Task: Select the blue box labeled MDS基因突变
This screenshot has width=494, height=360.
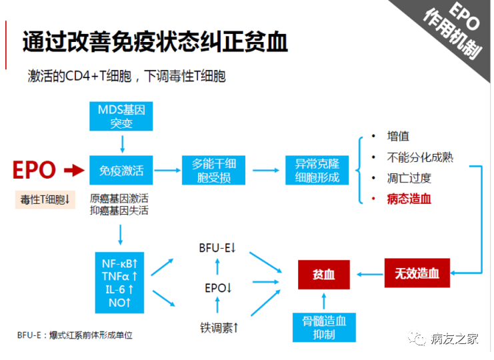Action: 121,116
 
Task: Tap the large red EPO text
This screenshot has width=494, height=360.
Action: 34,171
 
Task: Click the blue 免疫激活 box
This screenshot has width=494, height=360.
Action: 121,171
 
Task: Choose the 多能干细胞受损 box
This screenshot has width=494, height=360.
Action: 213,171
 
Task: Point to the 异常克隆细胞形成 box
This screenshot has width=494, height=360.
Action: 317,171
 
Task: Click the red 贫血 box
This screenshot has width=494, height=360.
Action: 324,274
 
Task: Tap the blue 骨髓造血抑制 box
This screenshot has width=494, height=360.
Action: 324,327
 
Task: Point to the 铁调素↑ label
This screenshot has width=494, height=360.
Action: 219,327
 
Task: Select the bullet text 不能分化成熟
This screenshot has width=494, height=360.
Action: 420,157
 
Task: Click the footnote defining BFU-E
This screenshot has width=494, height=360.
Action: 75,335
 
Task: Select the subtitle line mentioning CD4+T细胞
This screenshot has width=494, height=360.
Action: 127,77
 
